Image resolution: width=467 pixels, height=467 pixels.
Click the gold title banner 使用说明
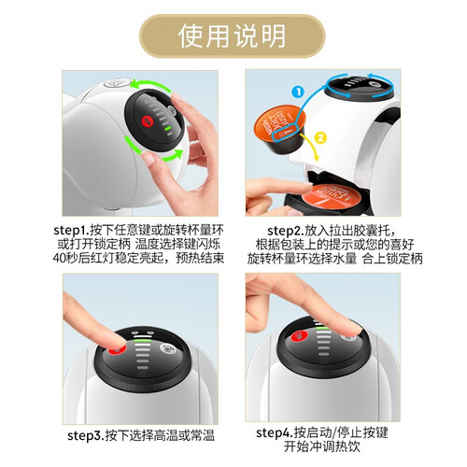pyautogui.click(x=232, y=35)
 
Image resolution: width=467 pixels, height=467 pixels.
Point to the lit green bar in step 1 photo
pyautogui.click(x=167, y=128)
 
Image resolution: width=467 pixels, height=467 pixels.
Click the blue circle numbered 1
pyautogui.click(x=298, y=92)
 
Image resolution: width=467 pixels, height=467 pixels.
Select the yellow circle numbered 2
pyautogui.click(x=320, y=137)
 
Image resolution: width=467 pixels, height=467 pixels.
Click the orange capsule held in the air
pyautogui.click(x=280, y=129)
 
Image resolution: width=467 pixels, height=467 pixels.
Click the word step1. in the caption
pyautogui.click(x=72, y=231)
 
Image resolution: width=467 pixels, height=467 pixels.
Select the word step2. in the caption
pyautogui.click(x=286, y=231)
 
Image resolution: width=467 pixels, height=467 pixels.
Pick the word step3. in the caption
pyautogui.click(x=86, y=435)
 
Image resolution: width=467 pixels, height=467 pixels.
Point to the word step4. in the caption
pyautogui.click(x=275, y=432)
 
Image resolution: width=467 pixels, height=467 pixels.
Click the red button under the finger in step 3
pyautogui.click(x=117, y=350)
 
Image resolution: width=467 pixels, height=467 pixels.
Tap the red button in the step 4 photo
pyautogui.click(x=299, y=336)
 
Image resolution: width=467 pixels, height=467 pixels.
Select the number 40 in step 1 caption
pyautogui.click(x=59, y=258)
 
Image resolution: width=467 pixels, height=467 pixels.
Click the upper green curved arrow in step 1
pyautogui.click(x=151, y=83)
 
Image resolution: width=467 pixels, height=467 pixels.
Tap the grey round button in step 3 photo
pyautogui.click(x=168, y=348)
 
